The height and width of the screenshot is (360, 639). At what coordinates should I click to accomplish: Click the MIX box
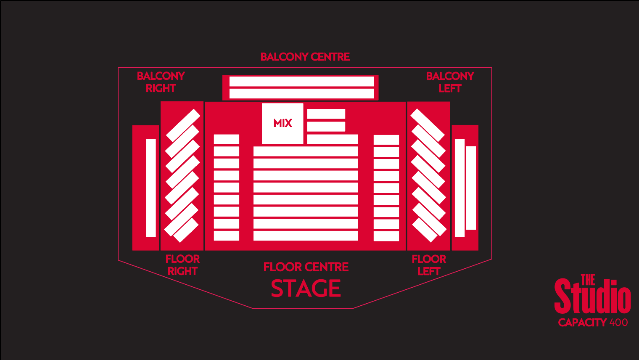pyautogui.click(x=283, y=124)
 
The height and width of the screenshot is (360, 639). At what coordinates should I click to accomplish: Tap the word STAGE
pyautogui.click(x=306, y=289)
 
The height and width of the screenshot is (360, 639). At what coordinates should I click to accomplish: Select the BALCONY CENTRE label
pyautogui.click(x=305, y=57)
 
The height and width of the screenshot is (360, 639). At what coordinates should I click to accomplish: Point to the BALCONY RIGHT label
pyautogui.click(x=161, y=82)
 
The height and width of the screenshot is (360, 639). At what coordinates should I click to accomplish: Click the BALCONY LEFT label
pyautogui.click(x=450, y=82)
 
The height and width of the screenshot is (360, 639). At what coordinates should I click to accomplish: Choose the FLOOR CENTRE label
pyautogui.click(x=306, y=267)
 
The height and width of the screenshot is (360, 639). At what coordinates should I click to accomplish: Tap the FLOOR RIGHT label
pyautogui.click(x=182, y=265)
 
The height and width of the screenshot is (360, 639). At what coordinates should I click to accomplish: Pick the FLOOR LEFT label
pyautogui.click(x=429, y=265)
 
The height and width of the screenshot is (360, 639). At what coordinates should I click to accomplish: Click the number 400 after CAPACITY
pyautogui.click(x=618, y=323)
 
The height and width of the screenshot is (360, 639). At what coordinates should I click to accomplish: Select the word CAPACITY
pyautogui.click(x=582, y=323)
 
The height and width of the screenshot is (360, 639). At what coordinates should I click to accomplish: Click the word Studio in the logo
pyautogui.click(x=592, y=296)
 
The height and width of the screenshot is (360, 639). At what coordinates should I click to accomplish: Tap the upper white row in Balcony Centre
pyautogui.click(x=301, y=81)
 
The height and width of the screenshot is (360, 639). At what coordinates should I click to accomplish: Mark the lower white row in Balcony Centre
pyautogui.click(x=301, y=93)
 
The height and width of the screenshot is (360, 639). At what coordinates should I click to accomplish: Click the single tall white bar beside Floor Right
pyautogui.click(x=151, y=188)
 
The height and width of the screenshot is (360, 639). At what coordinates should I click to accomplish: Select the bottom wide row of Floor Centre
pyautogui.click(x=306, y=236)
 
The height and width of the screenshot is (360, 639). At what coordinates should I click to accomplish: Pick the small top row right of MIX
pyautogui.click(x=326, y=114)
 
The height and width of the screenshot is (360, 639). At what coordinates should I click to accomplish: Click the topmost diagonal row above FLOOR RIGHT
pyautogui.click(x=183, y=125)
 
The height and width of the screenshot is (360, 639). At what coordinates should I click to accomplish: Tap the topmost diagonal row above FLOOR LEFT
pyautogui.click(x=428, y=125)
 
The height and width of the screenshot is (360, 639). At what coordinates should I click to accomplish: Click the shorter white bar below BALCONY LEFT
pyautogui.click(x=471, y=188)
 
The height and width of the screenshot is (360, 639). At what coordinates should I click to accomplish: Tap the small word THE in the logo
pyautogui.click(x=588, y=280)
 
